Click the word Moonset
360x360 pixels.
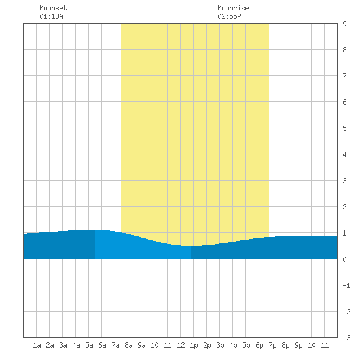[53, 8]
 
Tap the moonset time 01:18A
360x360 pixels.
[51, 16]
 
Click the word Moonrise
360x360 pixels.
[233, 8]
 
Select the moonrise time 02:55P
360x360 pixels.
[229, 16]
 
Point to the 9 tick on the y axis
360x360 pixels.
[344, 24]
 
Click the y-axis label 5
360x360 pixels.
[344, 128]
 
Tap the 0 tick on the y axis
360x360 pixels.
[344, 259]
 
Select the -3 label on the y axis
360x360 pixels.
[346, 338]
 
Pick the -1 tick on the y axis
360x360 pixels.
[346, 285]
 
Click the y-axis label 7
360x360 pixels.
[344, 76]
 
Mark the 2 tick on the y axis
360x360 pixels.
[344, 207]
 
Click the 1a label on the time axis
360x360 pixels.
[37, 345]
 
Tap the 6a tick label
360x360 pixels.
[102, 345]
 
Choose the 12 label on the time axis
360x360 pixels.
[181, 345]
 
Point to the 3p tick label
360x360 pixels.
[220, 345]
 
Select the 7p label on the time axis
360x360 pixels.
[272, 345]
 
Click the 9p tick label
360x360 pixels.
[298, 345]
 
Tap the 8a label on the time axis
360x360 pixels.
[128, 345]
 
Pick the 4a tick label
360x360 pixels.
[76, 345]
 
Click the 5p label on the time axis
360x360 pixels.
[246, 345]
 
